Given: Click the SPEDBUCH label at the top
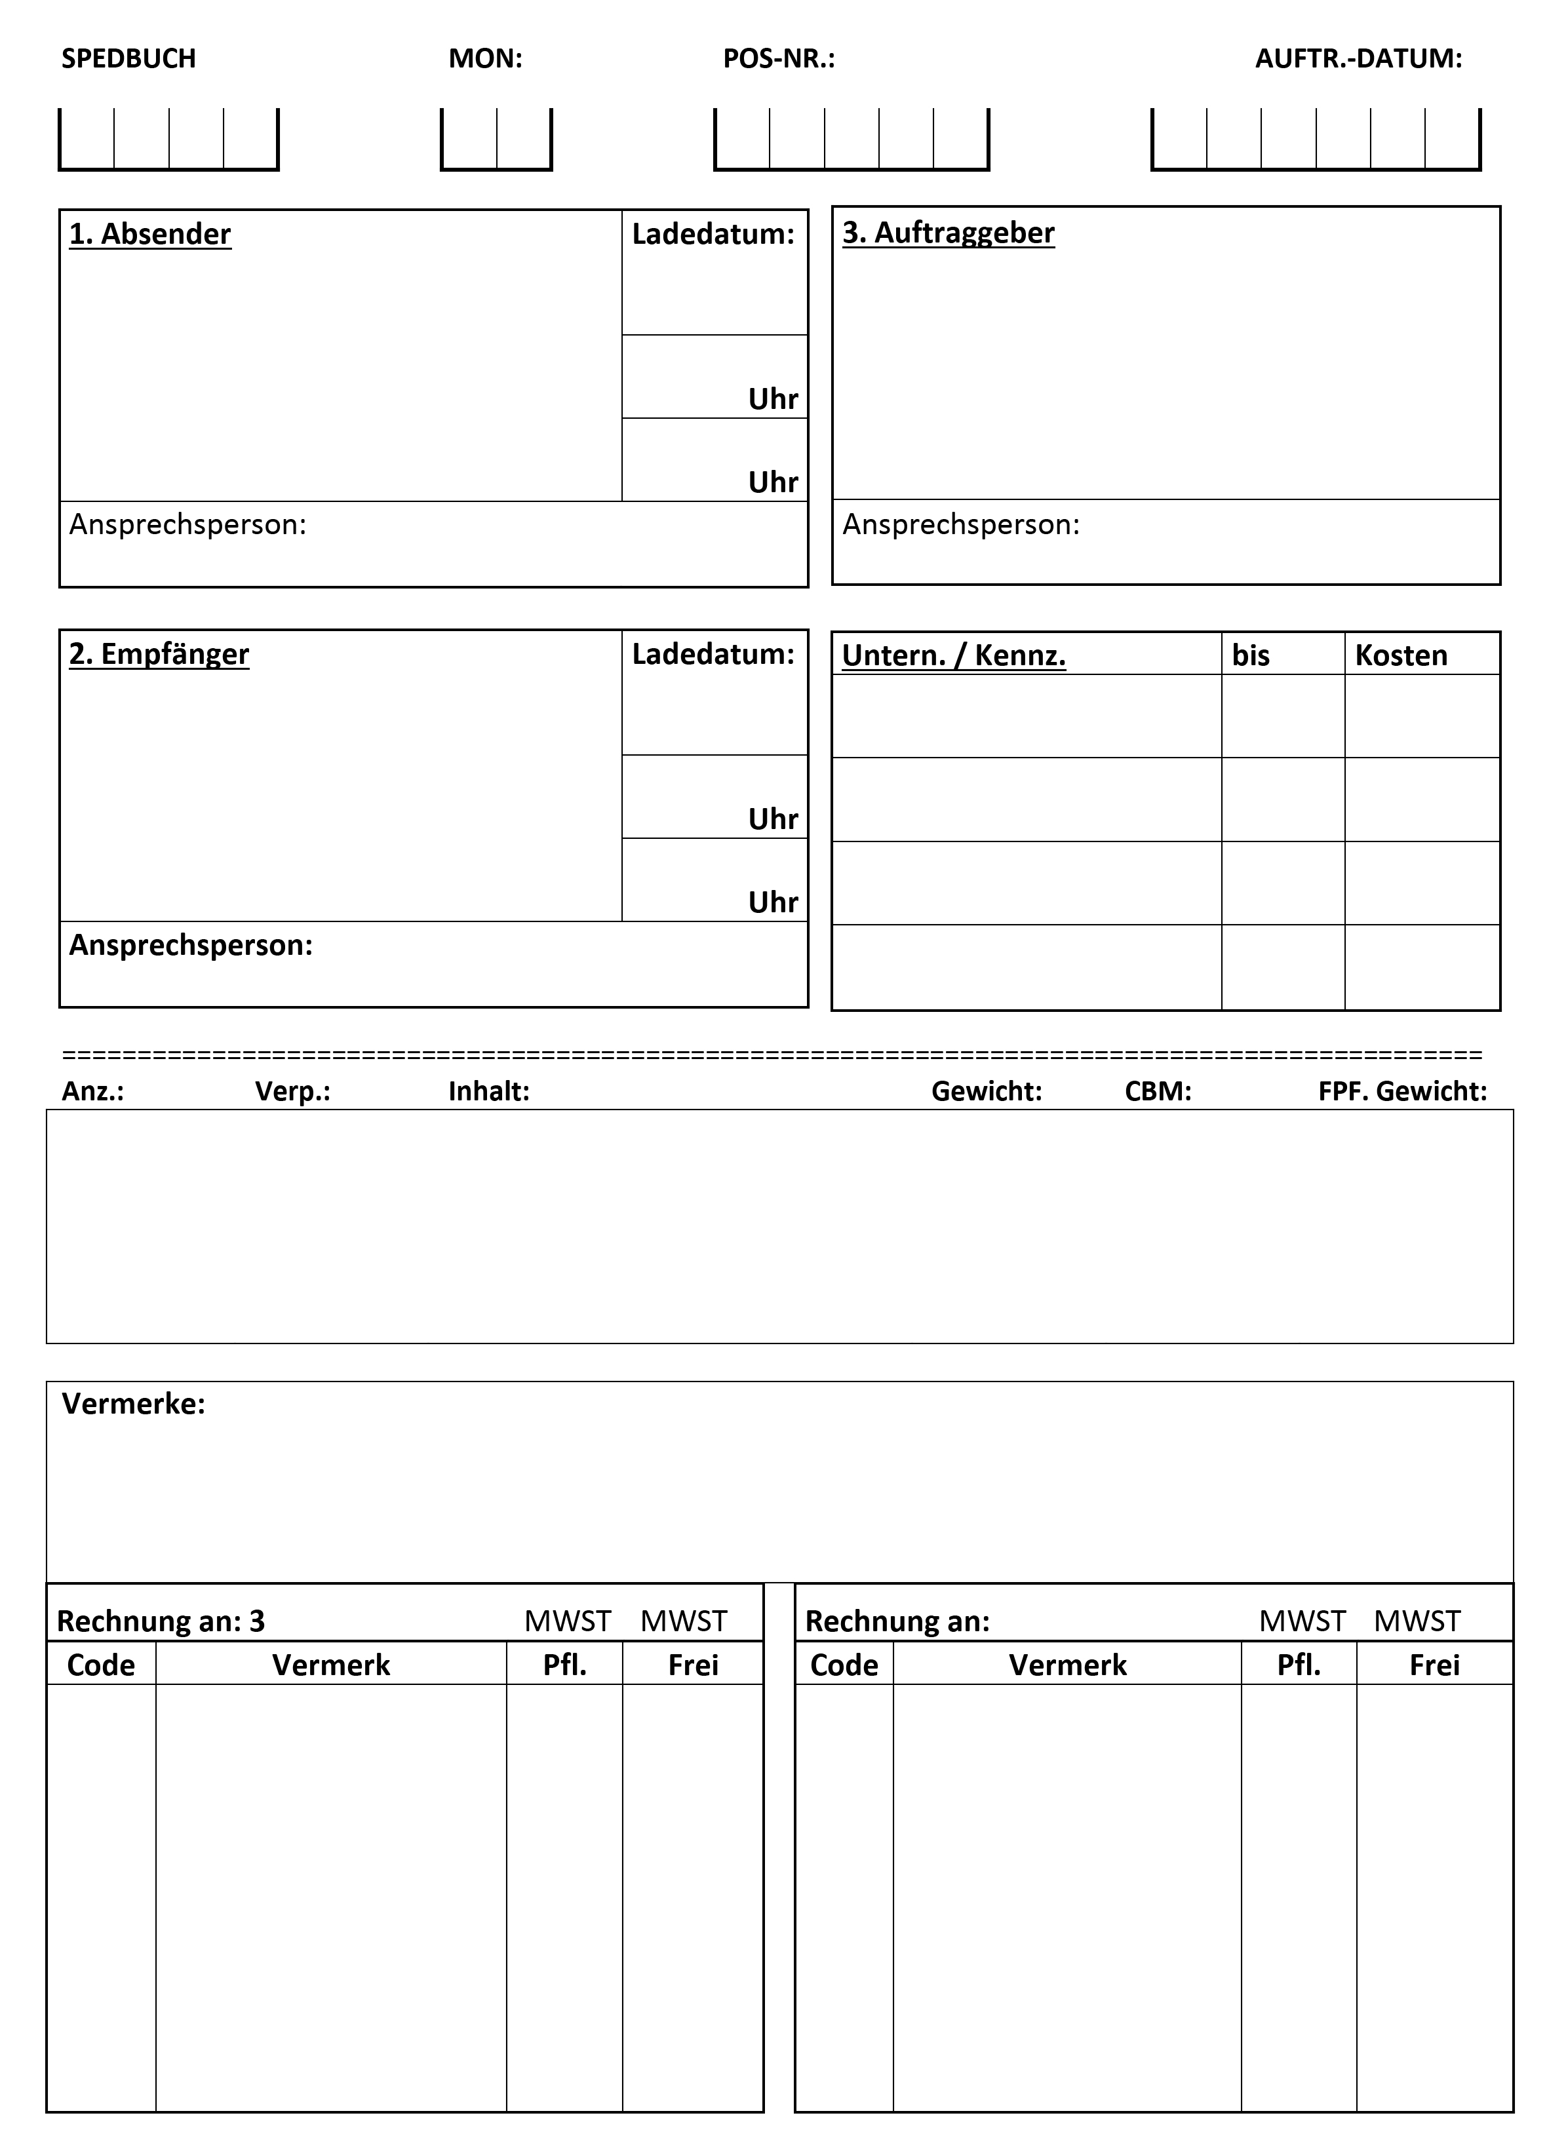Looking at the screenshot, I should pos(128,59).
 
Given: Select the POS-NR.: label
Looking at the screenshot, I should pos(779,59).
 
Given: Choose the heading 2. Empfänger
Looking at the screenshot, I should pos(159,654).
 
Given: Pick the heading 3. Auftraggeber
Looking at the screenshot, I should pos(948,233).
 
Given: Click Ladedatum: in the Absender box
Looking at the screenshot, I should pos(713,234).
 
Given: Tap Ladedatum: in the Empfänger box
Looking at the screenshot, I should pos(713,654).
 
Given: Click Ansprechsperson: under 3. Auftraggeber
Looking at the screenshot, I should pos(961,524).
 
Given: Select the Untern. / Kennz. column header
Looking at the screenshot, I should pos(953,655).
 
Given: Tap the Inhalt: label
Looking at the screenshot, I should pos(488,1091).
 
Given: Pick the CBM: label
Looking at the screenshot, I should pos(1157,1091).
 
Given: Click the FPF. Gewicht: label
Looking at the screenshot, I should pos(1402,1091).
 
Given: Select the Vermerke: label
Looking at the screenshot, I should pos(134,1404).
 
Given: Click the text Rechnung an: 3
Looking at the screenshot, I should pos(161,1621).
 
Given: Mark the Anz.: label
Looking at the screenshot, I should pos(93,1091).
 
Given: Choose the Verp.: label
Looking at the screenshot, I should pos(292,1091).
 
